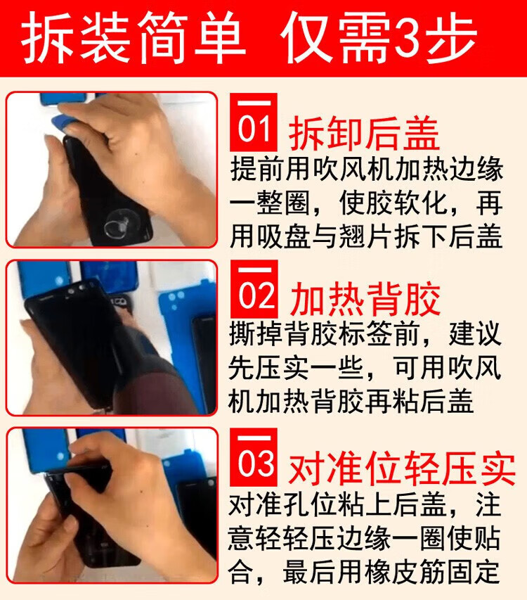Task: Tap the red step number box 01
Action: [x=254, y=122]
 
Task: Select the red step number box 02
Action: [x=254, y=289]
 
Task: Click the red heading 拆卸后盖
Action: [x=364, y=134]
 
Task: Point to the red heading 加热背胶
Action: [x=365, y=300]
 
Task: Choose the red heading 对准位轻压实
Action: [x=402, y=468]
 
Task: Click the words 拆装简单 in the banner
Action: [x=133, y=38]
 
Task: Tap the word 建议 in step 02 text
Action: [x=474, y=333]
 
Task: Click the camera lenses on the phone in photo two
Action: [x=76, y=290]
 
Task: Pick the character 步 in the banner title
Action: [x=453, y=37]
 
